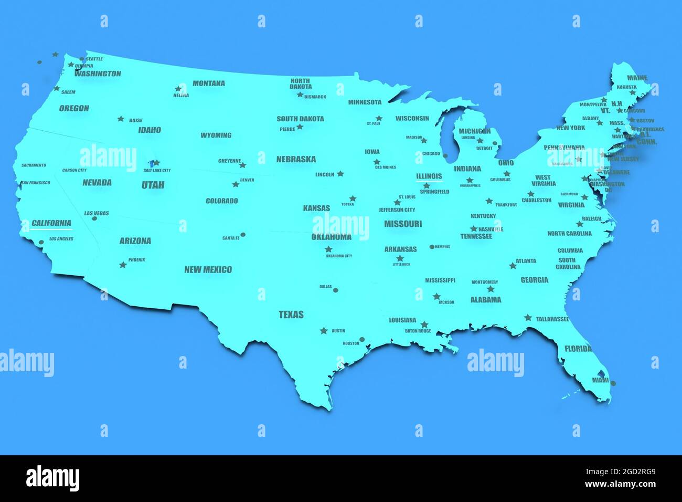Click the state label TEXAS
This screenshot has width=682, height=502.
(291, 315)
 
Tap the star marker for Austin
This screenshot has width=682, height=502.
(324, 331)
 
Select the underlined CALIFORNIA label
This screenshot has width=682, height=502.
(51, 223)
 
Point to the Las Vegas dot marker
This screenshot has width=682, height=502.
(94, 218)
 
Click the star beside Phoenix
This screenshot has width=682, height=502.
(123, 265)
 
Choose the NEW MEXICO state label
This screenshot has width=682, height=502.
(208, 269)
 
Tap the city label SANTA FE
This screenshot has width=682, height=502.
(230, 238)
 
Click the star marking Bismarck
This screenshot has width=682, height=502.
(300, 95)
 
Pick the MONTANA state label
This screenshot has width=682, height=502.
(208, 83)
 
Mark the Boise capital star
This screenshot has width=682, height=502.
(121, 119)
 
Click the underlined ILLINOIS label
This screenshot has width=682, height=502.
(429, 176)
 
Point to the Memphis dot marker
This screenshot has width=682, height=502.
(432, 247)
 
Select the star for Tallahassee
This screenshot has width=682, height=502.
(528, 318)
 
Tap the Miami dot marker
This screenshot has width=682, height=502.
(613, 384)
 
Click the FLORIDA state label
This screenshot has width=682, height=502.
(578, 348)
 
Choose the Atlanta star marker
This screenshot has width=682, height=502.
(513, 266)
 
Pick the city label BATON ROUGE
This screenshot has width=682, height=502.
(418, 331)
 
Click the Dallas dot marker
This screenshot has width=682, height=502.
(336, 290)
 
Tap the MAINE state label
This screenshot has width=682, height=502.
(637, 78)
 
